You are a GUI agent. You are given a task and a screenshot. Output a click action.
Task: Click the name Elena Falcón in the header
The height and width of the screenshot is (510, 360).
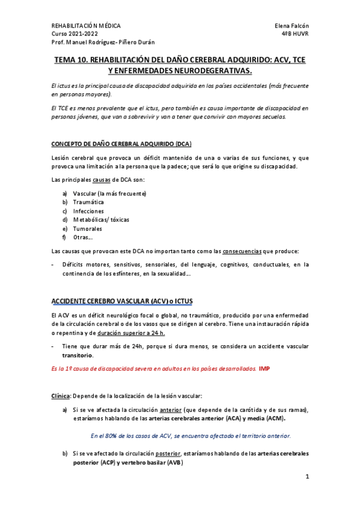click(291, 26)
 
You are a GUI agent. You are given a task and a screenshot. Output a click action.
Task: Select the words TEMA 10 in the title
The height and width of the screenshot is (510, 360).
click(73, 60)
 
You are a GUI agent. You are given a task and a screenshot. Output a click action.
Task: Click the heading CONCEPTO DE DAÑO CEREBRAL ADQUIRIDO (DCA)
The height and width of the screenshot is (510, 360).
click(122, 144)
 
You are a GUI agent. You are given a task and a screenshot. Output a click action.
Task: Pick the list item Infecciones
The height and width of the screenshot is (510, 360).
click(88, 211)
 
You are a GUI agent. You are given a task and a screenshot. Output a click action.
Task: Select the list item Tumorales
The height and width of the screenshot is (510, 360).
click(88, 229)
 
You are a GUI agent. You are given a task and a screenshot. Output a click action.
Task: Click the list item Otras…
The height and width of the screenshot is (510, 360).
click(82, 237)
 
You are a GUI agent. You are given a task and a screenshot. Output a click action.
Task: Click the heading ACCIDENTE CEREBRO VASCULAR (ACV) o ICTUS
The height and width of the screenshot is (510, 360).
click(123, 300)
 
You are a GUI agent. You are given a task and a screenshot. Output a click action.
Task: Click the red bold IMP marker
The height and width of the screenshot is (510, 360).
click(264, 368)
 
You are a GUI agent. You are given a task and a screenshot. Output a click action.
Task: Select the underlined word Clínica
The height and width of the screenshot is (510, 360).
click(61, 396)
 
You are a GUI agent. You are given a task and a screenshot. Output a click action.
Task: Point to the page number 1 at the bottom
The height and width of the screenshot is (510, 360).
click(307, 478)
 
